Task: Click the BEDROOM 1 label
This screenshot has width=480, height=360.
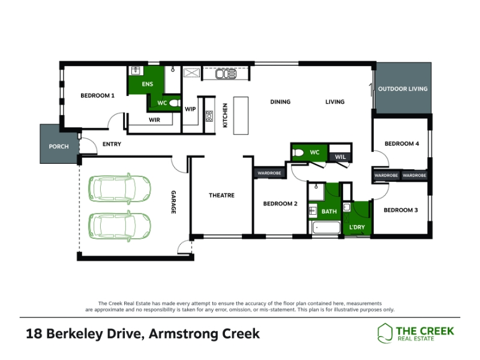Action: pyautogui.click(x=97, y=95)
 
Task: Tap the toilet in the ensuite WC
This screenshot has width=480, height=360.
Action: pyautogui.click(x=175, y=103)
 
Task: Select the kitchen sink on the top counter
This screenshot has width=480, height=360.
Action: pyautogui.click(x=226, y=74)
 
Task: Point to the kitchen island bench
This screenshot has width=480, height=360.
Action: pyautogui.click(x=241, y=116)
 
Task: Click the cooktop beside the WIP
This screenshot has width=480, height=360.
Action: pyautogui.click(x=209, y=116)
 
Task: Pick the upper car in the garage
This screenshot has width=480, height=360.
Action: pyautogui.click(x=119, y=188)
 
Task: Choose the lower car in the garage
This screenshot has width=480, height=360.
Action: pyautogui.click(x=119, y=226)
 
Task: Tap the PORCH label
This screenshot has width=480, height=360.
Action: pyautogui.click(x=59, y=146)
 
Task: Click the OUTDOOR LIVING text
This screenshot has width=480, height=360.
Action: pyautogui.click(x=403, y=89)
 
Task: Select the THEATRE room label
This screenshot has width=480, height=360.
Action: pyautogui.click(x=221, y=196)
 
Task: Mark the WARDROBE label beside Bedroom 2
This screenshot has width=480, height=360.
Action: pyautogui.click(x=269, y=173)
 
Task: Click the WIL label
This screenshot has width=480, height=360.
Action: pyautogui.click(x=340, y=157)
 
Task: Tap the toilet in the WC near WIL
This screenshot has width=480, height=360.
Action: pyautogui.click(x=298, y=152)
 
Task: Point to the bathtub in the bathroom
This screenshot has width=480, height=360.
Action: pyautogui.click(x=326, y=228)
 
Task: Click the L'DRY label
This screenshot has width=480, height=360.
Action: pyautogui.click(x=357, y=227)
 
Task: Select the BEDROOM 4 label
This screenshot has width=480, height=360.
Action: pyautogui.click(x=401, y=143)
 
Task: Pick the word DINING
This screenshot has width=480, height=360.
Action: pyautogui.click(x=280, y=101)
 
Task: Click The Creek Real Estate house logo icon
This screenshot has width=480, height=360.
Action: pyautogui.click(x=385, y=333)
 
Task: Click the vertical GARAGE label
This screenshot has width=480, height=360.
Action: pyautogui.click(x=173, y=202)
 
